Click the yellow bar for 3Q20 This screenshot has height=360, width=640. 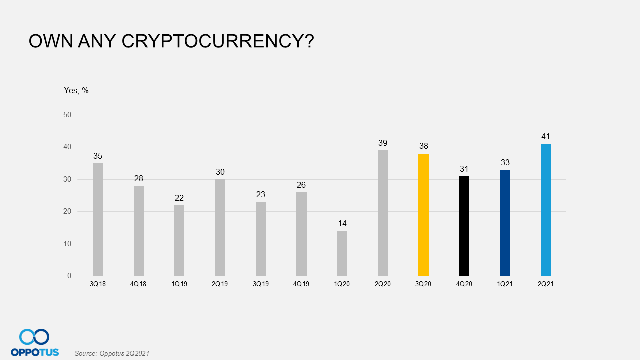tap(423, 215)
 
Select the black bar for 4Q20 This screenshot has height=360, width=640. tap(464, 226)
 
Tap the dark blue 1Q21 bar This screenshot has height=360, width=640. tap(505, 223)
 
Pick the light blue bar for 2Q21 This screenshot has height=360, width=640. tap(546, 210)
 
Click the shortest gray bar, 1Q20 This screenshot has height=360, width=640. tap(342, 253)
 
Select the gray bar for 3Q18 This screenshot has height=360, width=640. tap(98, 220)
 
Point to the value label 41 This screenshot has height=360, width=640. tap(546, 136)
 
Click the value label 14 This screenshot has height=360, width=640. tap(342, 223)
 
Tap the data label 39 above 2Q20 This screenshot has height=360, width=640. tap(383, 143)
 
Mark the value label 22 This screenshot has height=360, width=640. tap(179, 198)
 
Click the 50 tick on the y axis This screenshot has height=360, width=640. tap(67, 115)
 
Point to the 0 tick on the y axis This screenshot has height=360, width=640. tap(69, 276)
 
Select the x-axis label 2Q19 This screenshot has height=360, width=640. tap(220, 284)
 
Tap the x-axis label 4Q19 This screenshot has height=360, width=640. tap(301, 284)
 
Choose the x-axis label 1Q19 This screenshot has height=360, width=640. tap(179, 284)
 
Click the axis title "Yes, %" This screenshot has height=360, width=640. tap(76, 90)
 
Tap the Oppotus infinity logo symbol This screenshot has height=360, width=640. tap(34, 337)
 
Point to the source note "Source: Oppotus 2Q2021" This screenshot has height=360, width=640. tap(112, 353)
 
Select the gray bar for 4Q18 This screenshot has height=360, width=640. tap(138, 231)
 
